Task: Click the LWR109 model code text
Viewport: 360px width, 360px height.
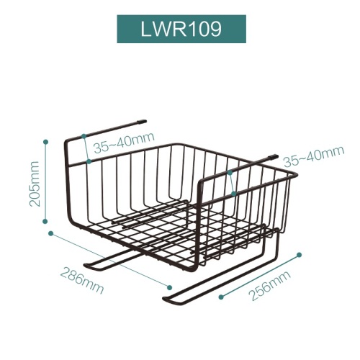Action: coord(181,30)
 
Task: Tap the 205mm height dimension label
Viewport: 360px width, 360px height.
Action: coord(34,184)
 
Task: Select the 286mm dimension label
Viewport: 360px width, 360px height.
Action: coord(82,281)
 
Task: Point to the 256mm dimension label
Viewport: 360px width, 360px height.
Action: coord(270,285)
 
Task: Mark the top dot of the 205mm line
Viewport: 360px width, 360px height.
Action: coord(45,142)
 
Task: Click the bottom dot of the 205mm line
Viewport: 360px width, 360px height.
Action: coord(45,221)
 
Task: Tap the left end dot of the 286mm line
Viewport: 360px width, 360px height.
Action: coord(50,233)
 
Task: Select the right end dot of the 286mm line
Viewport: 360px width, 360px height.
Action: coord(170,287)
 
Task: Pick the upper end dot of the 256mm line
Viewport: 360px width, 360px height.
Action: coord(299,255)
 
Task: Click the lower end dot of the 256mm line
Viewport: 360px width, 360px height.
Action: coord(221,297)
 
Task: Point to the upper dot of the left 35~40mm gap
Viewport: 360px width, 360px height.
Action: coord(84,136)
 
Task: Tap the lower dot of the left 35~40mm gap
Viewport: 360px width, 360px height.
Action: coord(89,161)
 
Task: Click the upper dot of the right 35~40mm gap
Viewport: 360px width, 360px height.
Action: coord(230,172)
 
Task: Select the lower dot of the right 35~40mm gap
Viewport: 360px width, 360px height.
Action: coord(233,194)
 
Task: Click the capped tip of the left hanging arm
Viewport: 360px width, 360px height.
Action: coord(143,122)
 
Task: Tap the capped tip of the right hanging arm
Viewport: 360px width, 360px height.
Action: coord(274,156)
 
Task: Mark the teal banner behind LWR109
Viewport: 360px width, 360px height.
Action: coord(181,29)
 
